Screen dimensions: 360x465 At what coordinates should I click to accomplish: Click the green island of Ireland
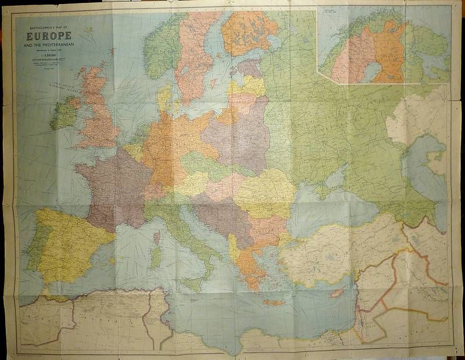click(65, 113)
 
